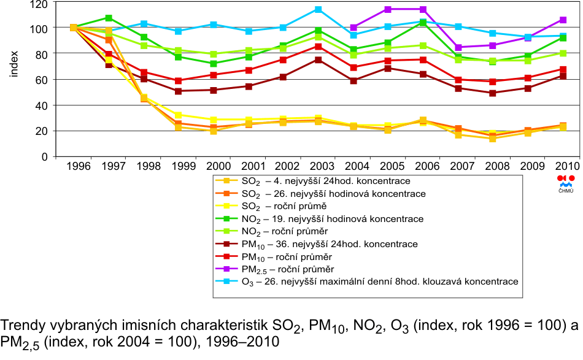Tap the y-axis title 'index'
(x=14, y=64)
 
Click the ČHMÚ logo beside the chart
(x=565, y=183)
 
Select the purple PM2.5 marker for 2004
(x=353, y=28)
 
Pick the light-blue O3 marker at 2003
(x=318, y=10)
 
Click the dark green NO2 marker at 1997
(x=109, y=18)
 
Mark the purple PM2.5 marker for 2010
(x=562, y=20)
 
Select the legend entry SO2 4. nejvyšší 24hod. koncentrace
(x=320, y=181)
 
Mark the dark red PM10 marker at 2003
(x=318, y=60)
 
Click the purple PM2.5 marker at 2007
(x=458, y=47)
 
